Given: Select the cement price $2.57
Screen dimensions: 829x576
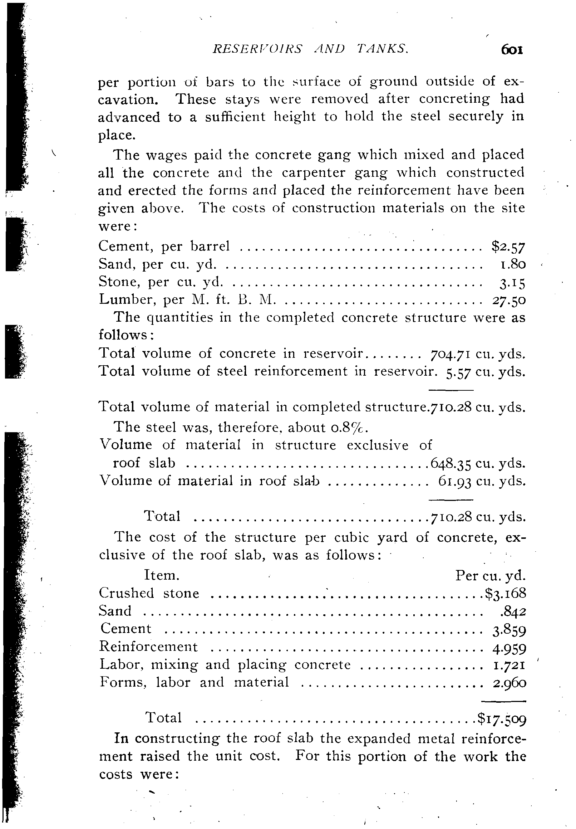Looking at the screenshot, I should pyautogui.click(x=508, y=247).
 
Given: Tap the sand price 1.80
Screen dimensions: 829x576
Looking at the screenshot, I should pyautogui.click(x=511, y=265).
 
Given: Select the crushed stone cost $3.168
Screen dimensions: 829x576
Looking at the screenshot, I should pyautogui.click(x=505, y=593).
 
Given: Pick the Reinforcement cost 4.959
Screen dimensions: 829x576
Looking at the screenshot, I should pyautogui.click(x=509, y=647).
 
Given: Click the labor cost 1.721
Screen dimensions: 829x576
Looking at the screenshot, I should pyautogui.click(x=509, y=665).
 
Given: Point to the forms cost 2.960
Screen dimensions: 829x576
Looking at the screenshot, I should pyautogui.click(x=509, y=683).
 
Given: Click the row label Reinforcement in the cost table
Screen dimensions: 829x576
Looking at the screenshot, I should pyautogui.click(x=148, y=646).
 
